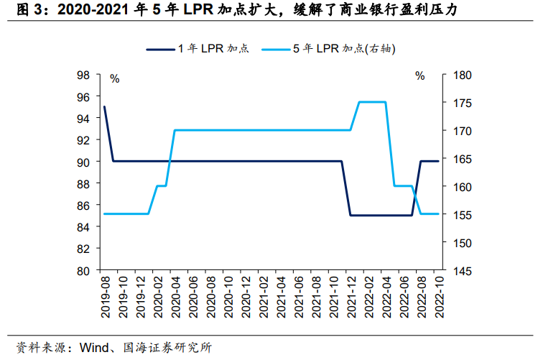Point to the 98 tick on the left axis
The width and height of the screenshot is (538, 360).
(x=83, y=75)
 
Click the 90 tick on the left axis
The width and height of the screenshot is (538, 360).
(x=83, y=162)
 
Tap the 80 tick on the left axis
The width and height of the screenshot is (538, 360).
(x=83, y=271)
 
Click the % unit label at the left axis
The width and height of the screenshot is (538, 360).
(x=114, y=78)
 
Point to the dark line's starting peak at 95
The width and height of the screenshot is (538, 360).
(x=105, y=107)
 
